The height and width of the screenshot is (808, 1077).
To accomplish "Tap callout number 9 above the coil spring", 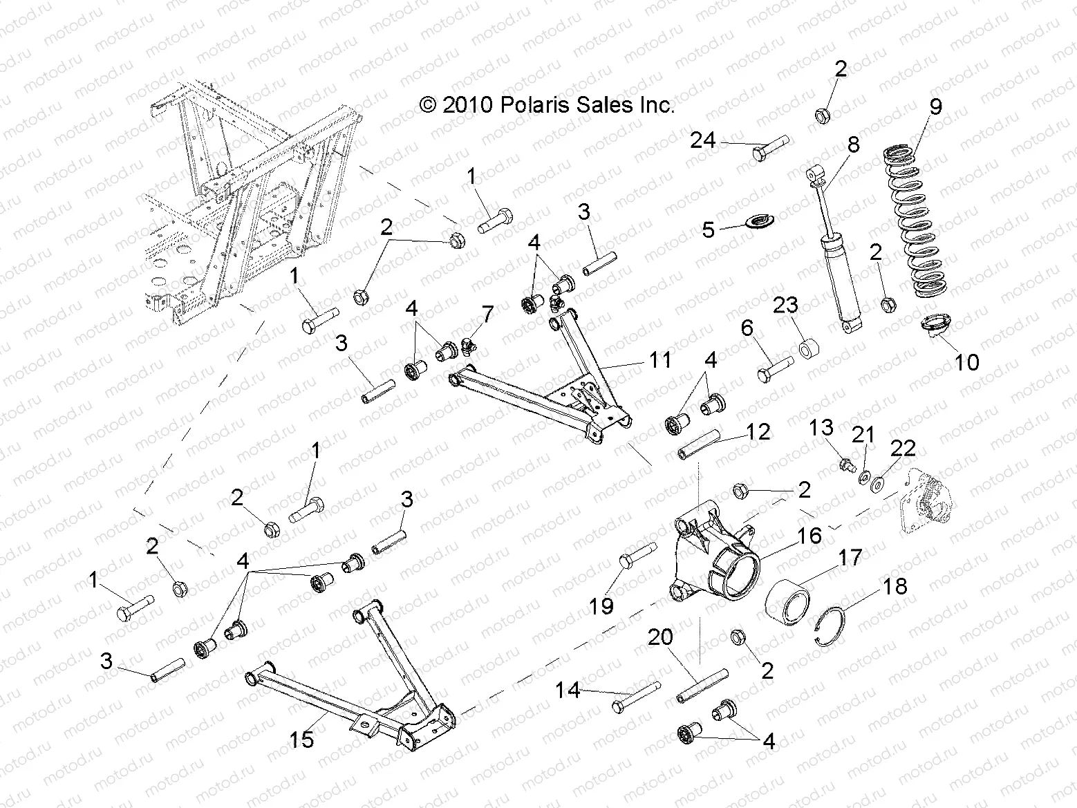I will [x=935, y=107].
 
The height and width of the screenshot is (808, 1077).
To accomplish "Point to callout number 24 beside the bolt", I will [x=703, y=141].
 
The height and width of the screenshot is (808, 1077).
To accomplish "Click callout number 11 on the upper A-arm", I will [x=660, y=359].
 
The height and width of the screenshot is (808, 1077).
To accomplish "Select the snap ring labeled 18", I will [x=832, y=621].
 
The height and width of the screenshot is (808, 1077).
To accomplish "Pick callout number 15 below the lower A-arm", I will [x=302, y=739].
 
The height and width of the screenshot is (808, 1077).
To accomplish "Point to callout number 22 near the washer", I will [x=902, y=449].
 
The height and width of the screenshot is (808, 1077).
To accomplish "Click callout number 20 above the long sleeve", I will [x=660, y=637].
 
